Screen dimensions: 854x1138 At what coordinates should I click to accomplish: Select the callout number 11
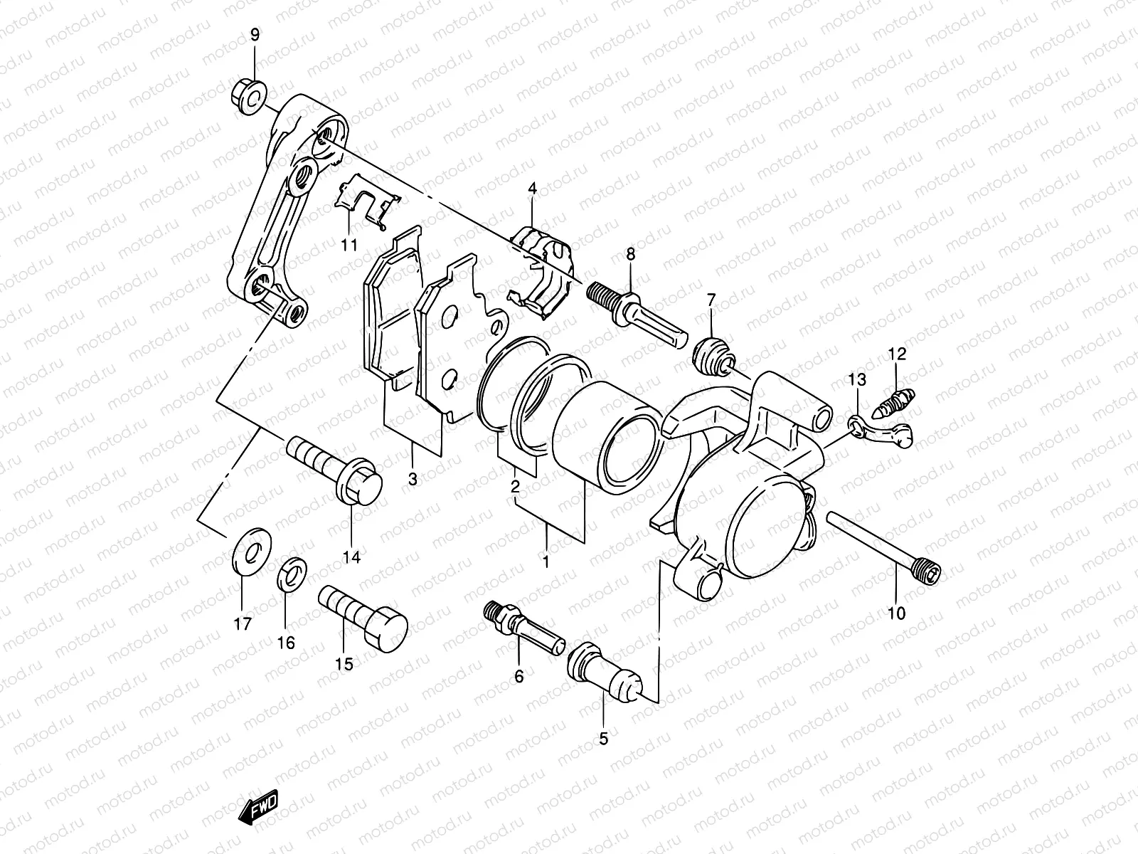[x=348, y=246]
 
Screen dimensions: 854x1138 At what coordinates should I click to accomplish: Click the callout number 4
[x=531, y=189]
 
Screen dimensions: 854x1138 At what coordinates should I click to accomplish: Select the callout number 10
[x=897, y=613]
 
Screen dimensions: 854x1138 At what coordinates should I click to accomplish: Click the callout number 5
[x=603, y=739]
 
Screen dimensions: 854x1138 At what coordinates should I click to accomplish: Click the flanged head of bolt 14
[x=361, y=485]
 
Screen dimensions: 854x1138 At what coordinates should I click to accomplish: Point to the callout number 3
[x=413, y=480]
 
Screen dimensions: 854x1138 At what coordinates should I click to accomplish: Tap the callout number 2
[x=515, y=487]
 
